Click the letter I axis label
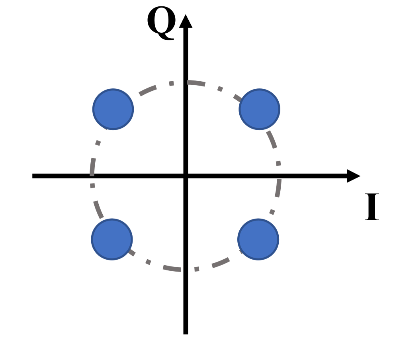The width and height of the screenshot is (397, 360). [372, 207]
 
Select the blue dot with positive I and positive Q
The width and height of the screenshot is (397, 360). [259, 109]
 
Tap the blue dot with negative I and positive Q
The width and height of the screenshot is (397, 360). [113, 109]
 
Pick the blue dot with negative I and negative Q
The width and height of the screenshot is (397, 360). [112, 239]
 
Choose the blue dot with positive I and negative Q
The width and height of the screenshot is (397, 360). [258, 239]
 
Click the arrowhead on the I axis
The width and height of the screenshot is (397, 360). [353, 176]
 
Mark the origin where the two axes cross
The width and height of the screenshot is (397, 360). [186, 176]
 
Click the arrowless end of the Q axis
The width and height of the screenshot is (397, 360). [186, 333]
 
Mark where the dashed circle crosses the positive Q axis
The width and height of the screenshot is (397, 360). [186, 82]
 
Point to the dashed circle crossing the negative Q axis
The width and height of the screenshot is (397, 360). [186, 270]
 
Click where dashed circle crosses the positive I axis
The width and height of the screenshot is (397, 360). [279, 176]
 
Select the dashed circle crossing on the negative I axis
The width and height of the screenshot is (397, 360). [92, 176]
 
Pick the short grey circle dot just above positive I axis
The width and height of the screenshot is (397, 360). [278, 163]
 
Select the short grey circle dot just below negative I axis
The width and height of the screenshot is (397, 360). [92, 186]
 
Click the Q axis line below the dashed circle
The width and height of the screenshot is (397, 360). [186, 303]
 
